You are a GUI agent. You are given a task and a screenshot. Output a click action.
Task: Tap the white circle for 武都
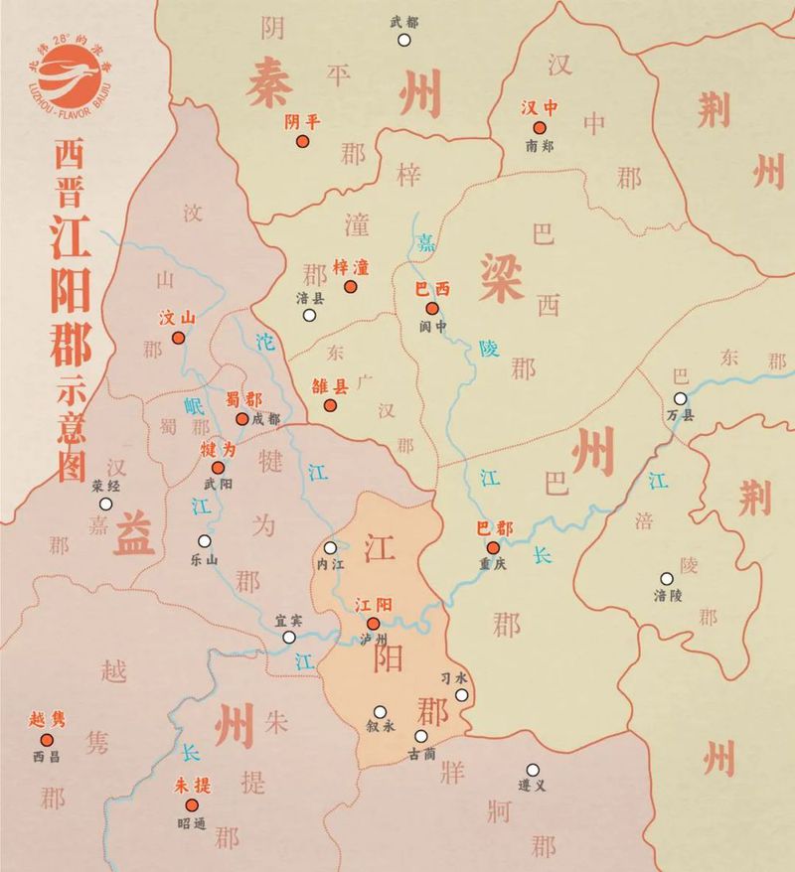point(404,40)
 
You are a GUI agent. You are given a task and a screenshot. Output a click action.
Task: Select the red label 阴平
point(302,121)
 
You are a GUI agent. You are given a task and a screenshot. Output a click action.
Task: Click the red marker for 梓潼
point(350,287)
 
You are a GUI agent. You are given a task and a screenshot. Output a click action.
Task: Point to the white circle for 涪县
point(310,316)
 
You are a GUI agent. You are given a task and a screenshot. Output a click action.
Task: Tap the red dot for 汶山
point(178,338)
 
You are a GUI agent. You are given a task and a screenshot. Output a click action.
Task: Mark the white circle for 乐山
point(204,541)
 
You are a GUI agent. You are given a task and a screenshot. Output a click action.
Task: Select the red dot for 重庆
point(493,547)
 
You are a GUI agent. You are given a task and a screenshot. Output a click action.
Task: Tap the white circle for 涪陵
point(666,578)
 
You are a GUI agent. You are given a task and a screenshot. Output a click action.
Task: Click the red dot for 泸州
point(373,625)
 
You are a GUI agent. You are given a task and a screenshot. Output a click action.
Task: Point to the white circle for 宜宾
point(288,638)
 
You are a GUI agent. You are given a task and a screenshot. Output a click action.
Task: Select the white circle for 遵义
point(533,769)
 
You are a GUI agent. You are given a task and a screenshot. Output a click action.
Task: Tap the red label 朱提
point(194,785)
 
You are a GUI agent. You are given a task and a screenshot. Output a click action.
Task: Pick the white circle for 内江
point(330,547)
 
